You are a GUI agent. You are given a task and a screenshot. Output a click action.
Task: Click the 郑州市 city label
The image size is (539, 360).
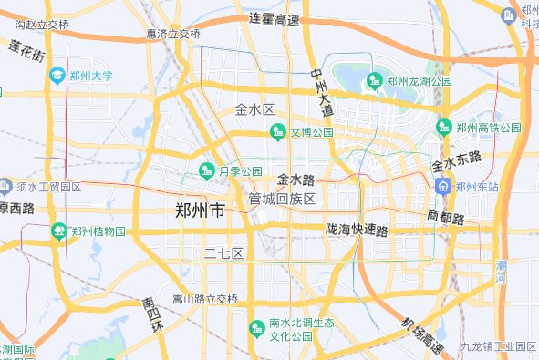point(200,211)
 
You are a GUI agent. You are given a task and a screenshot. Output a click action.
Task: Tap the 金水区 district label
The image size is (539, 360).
point(254,109)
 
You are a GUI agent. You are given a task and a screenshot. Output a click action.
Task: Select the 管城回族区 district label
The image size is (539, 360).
point(282,199)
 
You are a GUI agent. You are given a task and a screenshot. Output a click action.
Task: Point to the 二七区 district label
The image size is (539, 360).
point(223,252)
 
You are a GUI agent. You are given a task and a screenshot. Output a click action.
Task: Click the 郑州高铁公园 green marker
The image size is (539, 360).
point(444,127)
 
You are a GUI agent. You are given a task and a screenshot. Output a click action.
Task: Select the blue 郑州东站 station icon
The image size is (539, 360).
point(443,187)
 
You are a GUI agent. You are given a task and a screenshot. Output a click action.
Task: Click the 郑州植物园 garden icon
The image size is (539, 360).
point(58,231)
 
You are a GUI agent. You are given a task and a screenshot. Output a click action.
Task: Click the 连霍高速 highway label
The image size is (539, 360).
point(275,19)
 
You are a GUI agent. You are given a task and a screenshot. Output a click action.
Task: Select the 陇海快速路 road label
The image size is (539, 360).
point(357,230)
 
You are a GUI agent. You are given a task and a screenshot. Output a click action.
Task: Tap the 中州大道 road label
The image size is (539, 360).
point(321,92)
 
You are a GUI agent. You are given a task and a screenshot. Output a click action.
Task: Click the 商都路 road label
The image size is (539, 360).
point(445,217)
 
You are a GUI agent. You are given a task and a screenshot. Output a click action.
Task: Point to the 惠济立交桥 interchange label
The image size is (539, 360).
point(173,34)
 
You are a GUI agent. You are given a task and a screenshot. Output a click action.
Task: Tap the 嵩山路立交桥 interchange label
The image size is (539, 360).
point(205,299)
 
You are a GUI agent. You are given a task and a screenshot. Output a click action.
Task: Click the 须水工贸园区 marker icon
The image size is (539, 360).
point(5,186)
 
